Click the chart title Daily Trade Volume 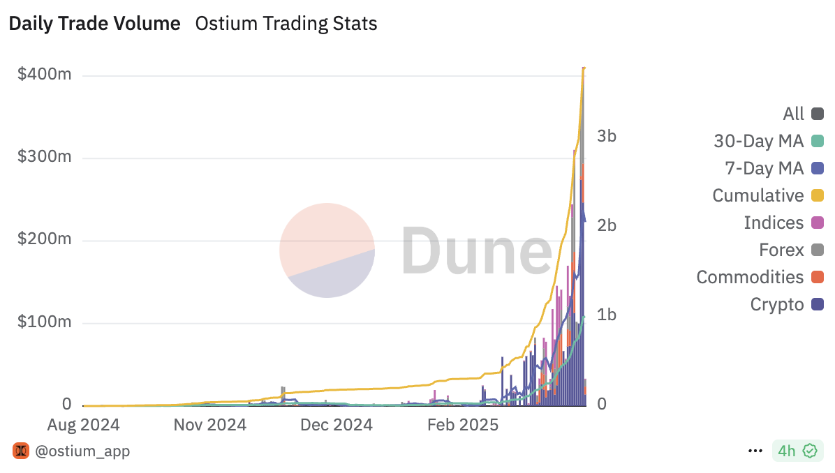click(x=94, y=24)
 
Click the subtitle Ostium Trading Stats click(x=286, y=24)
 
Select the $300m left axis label click(x=45, y=157)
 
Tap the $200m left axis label click(x=45, y=239)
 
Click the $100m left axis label click(x=45, y=322)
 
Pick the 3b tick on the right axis click(x=607, y=136)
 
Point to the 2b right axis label click(x=607, y=225)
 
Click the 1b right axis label click(x=607, y=315)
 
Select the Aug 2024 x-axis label click(x=83, y=425)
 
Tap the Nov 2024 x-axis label click(x=209, y=425)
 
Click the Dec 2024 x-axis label click(x=337, y=425)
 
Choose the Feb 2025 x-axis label click(x=463, y=425)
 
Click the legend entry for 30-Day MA click(x=768, y=141)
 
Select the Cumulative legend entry click(x=768, y=195)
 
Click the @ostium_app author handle click(x=82, y=451)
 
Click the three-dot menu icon click(x=755, y=451)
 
